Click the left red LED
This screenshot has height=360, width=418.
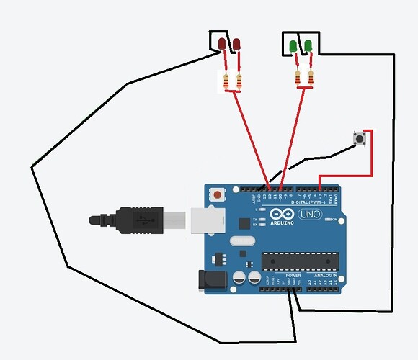point(223,45)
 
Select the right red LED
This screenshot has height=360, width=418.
point(236,45)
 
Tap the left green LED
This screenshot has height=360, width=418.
point(293,47)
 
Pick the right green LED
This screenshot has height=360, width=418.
point(308,47)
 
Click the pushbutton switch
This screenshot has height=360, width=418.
point(360,138)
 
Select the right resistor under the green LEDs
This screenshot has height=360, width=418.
point(311,78)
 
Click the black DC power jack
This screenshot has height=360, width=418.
point(212,279)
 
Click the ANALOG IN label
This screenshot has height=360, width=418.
point(324,275)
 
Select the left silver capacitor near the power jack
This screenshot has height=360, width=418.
point(238,277)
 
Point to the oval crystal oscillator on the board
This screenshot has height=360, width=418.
point(242,242)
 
